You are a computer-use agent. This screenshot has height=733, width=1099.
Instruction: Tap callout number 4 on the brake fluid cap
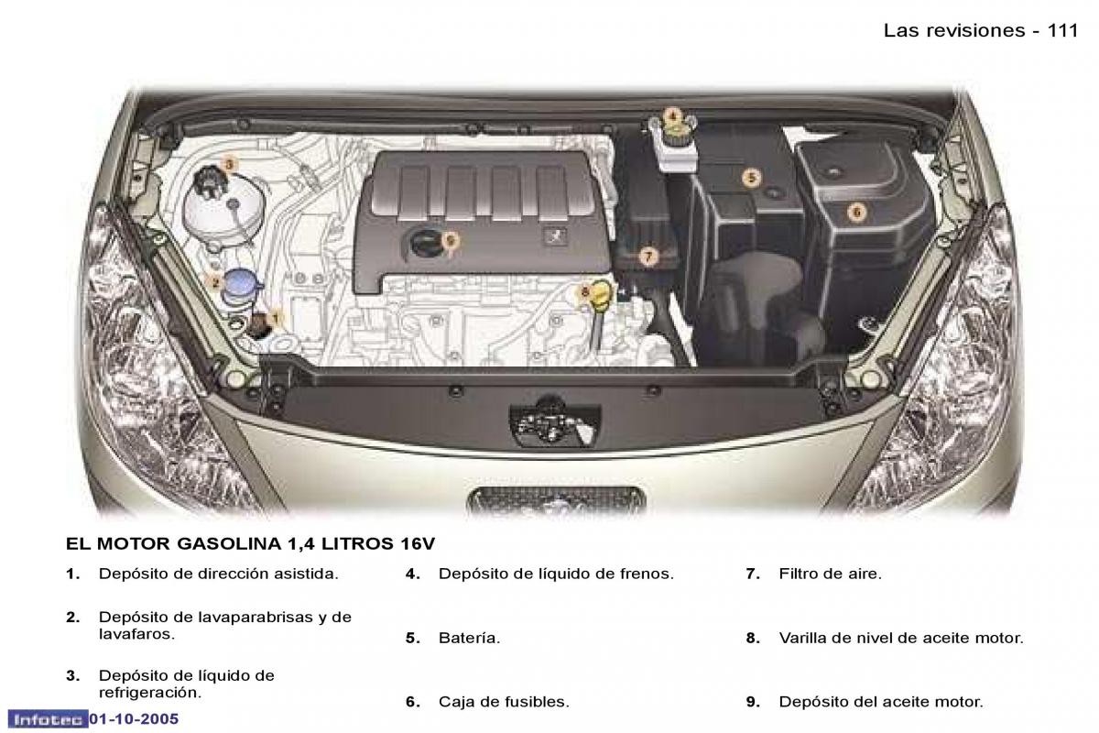click(x=672, y=117)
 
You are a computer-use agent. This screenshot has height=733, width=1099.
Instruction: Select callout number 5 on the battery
click(x=751, y=178)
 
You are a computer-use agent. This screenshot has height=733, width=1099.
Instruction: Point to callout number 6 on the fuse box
click(x=856, y=212)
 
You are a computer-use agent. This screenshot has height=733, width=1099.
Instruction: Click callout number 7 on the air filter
click(x=648, y=256)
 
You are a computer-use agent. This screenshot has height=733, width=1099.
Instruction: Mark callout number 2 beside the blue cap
click(x=215, y=282)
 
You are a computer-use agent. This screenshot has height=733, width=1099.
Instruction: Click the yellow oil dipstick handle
click(x=599, y=297)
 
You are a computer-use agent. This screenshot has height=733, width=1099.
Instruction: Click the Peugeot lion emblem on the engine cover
click(x=554, y=237)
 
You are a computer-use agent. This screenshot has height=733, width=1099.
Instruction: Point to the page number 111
click(x=1062, y=30)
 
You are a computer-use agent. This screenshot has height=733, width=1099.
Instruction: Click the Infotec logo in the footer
click(x=48, y=719)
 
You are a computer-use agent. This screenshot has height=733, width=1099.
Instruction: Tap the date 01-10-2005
click(x=134, y=719)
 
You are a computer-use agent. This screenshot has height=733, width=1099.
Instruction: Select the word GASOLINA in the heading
click(x=230, y=543)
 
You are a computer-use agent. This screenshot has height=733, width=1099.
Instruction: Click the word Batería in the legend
click(x=469, y=638)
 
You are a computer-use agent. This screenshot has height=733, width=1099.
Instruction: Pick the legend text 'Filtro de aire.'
click(x=830, y=574)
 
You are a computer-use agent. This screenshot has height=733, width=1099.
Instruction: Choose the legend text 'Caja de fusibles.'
click(x=504, y=702)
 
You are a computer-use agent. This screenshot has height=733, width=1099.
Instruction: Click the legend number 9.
click(x=753, y=702)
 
